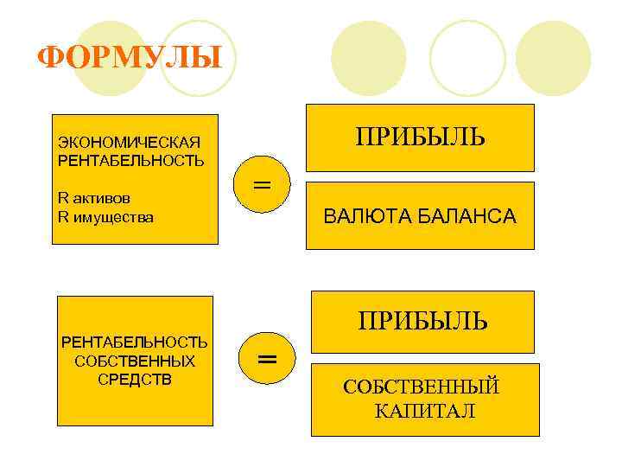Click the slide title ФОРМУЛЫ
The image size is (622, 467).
click(130, 59)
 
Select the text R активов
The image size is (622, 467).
click(95, 198)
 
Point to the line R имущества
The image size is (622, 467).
click(105, 217)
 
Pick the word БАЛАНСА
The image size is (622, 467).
click(467, 216)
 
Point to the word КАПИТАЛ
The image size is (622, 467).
click(425, 411)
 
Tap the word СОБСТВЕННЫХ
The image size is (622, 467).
click(135, 361)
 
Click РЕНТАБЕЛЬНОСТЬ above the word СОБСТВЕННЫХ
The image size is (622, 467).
click(135, 342)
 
